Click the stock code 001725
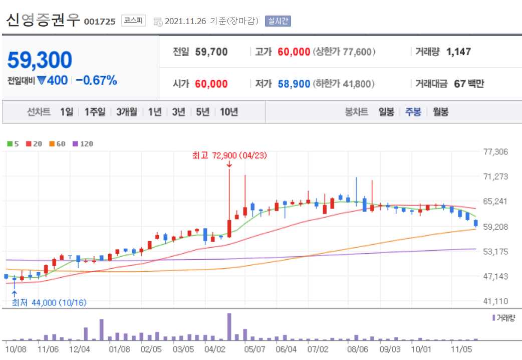(100, 21)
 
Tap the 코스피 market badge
(133, 21)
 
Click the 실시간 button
(278, 21)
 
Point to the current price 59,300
(40, 60)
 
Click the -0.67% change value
(96, 80)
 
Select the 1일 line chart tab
(66, 112)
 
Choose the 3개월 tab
(126, 112)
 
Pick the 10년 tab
(229, 112)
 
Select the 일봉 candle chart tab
(386, 112)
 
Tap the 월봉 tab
(440, 112)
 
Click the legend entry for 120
(83, 144)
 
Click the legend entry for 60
(58, 144)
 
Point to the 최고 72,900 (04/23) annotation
(229, 156)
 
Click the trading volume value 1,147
(458, 52)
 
